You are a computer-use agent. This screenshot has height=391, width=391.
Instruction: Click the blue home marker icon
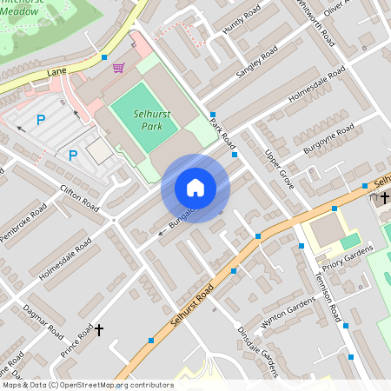(195, 188)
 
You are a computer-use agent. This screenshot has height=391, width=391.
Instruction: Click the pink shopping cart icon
(118, 68)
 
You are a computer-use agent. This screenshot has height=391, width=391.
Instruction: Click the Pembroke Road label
(23, 224)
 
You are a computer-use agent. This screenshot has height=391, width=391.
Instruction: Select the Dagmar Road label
(44, 319)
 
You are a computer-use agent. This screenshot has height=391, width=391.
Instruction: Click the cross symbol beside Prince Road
(98, 330)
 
